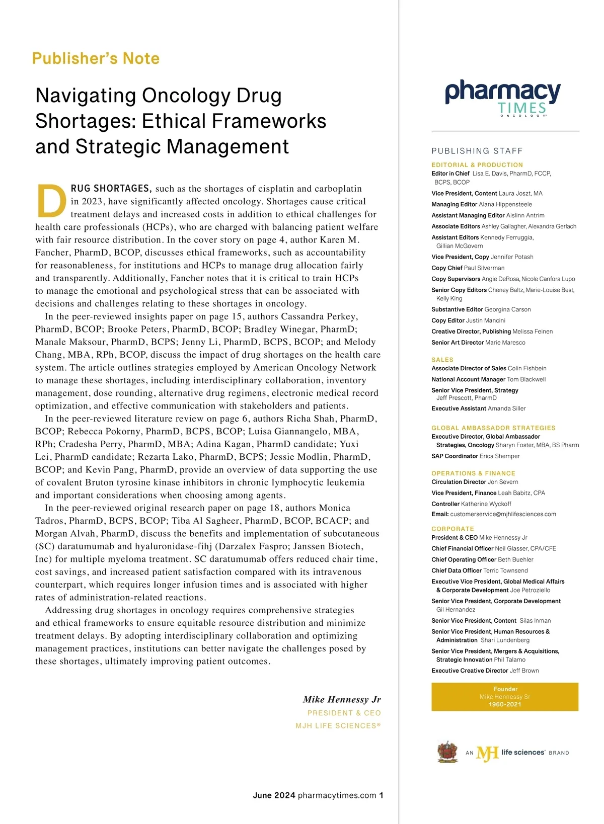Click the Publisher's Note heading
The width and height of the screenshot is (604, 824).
96,58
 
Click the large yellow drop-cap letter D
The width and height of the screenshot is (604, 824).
52,200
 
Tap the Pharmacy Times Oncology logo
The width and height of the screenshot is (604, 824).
502,98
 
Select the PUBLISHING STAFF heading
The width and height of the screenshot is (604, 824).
477,151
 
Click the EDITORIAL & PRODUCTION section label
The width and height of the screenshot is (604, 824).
477,165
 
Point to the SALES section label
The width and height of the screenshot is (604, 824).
442,360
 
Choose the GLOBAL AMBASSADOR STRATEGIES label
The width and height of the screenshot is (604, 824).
493,428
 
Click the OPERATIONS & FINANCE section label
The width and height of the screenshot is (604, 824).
473,473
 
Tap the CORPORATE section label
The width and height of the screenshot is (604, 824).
452,529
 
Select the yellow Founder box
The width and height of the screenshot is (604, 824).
504,697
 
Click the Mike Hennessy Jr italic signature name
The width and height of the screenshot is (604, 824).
342,700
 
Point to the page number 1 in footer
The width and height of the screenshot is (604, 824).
381,795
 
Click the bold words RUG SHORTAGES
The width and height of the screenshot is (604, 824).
111,189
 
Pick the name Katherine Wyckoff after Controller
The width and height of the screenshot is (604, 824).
486,504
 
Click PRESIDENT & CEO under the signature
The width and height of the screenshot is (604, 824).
344,713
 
